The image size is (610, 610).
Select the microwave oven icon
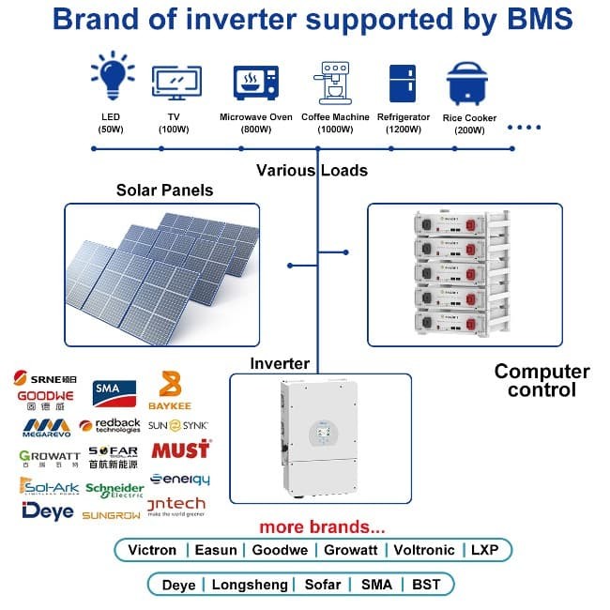255,82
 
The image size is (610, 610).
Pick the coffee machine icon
334,81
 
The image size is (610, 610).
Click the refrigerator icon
403,82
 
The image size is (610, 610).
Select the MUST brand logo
180,450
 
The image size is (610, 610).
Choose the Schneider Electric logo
114,490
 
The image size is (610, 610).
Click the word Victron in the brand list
151,550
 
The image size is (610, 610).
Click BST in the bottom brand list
428,585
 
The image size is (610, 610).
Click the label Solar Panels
164,191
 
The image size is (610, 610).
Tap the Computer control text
542,380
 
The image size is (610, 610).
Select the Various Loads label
312,171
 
